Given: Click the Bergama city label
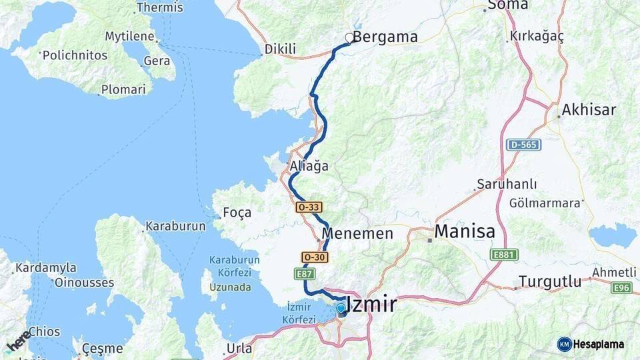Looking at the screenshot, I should (x=385, y=37).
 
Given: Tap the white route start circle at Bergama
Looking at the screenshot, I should (x=349, y=38).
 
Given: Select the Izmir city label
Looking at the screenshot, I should (x=372, y=305).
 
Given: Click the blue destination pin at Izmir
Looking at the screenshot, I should (x=341, y=308).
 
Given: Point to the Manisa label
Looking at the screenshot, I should (x=465, y=231).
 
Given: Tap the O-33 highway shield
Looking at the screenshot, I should (x=309, y=208).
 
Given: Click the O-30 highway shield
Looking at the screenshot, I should (x=315, y=257).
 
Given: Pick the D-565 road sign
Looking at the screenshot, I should (x=523, y=145).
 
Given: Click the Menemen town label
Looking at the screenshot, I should (x=357, y=233).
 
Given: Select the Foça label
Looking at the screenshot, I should (x=237, y=213).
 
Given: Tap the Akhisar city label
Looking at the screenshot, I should (x=589, y=110).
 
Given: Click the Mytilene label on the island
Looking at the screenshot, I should (x=130, y=36).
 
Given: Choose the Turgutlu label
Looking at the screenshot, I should (x=551, y=281).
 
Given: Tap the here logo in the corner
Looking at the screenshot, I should (x=18, y=340).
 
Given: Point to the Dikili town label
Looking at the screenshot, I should (x=279, y=49).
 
